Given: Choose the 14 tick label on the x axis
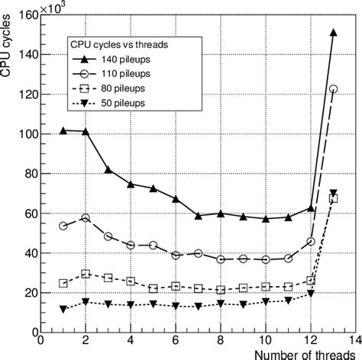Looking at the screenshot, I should (354, 341).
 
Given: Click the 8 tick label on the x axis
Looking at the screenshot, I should (220, 341).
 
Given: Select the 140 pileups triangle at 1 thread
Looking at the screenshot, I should (63, 130).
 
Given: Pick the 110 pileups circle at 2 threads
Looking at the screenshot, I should (86, 218).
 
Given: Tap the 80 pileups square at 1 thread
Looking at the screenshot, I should (63, 283).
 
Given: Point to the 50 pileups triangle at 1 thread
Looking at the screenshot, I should (63, 309).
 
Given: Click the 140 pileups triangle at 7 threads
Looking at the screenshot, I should (198, 216).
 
